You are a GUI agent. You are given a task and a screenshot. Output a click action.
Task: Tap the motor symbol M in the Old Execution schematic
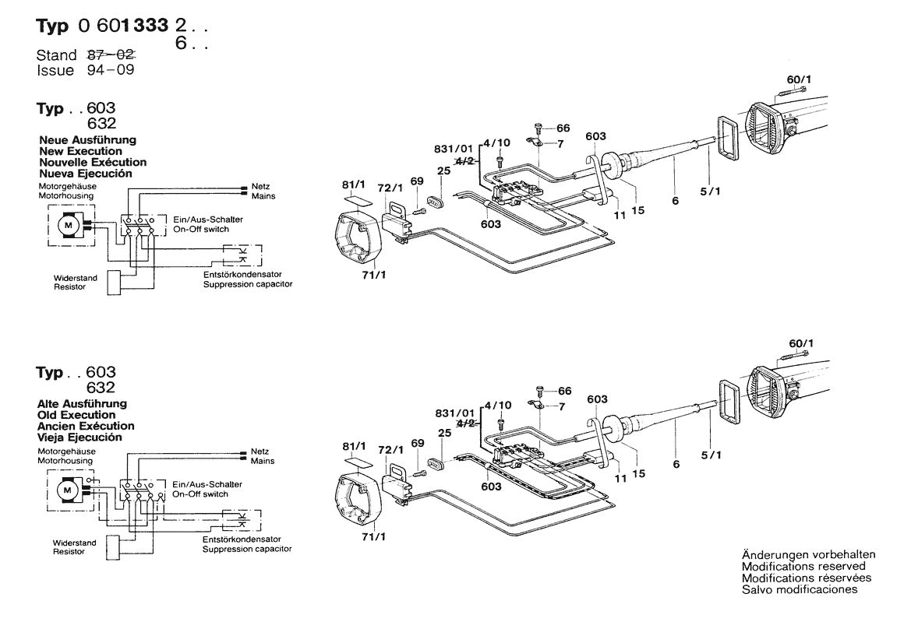(x=66, y=490)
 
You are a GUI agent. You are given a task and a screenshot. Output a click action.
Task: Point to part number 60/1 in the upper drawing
(x=798, y=79)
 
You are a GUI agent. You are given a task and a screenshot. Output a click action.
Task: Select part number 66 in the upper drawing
(x=563, y=128)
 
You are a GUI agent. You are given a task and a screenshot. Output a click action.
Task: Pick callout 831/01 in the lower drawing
(x=454, y=413)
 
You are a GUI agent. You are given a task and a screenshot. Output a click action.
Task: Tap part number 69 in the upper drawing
(x=417, y=181)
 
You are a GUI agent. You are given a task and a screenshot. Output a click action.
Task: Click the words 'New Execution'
(x=81, y=151)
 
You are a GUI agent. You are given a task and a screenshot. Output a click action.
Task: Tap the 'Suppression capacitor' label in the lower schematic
(x=247, y=549)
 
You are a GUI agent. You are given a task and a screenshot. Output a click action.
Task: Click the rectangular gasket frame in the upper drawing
(x=730, y=137)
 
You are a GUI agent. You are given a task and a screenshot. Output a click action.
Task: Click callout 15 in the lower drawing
(x=639, y=472)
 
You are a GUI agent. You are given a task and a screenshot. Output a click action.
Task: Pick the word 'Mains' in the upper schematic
(x=263, y=197)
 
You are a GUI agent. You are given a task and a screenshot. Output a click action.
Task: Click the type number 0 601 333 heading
(x=123, y=25)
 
